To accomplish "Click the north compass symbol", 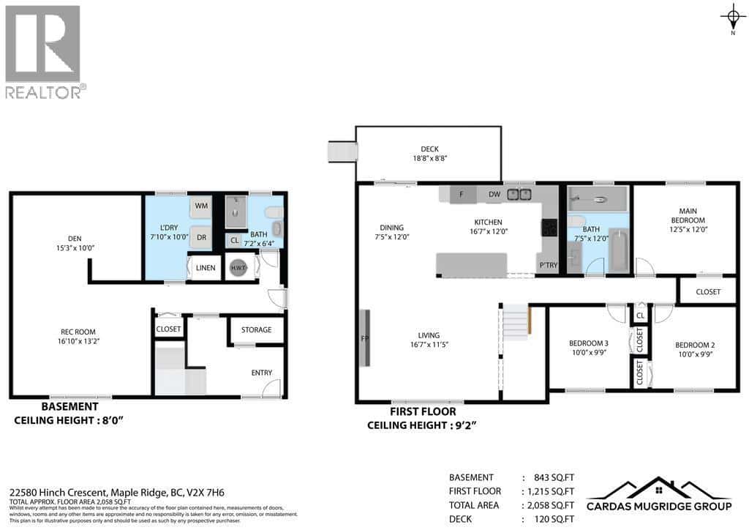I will point(733,15).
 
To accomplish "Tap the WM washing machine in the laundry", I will point(201,207).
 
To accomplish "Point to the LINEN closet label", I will point(206,268).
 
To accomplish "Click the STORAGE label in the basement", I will point(256,330).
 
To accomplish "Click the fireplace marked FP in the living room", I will point(364,338).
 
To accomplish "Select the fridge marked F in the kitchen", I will point(462,194).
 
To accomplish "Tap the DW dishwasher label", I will point(494,194).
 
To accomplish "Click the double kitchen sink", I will point(520,194).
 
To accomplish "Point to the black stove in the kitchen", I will point(549,228).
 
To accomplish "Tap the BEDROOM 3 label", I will point(588,343).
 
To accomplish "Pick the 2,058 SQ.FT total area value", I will point(549,505).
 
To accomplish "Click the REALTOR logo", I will point(43,53).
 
